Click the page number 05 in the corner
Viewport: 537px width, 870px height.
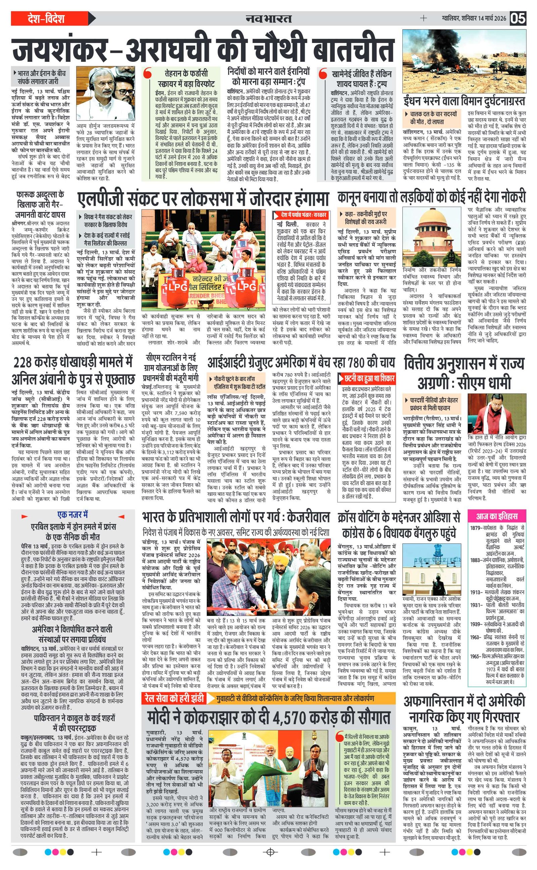[518, 18]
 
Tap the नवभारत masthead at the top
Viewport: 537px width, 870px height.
[268, 18]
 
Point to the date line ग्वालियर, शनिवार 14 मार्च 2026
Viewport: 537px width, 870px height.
[472, 18]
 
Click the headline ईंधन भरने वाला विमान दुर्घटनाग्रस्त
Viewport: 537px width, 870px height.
[464, 101]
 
